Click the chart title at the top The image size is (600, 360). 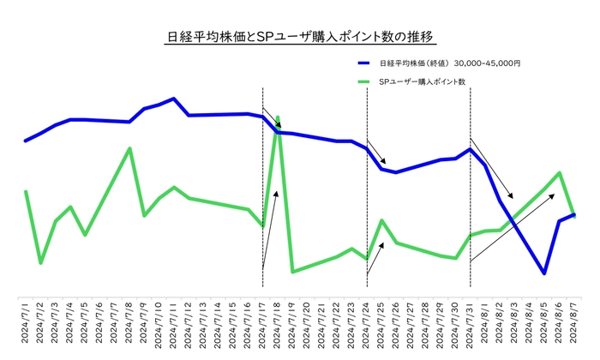(x=300, y=37)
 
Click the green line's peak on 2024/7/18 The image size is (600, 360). (x=278, y=117)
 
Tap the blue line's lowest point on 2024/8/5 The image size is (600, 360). (x=544, y=273)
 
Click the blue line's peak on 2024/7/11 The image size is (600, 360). (x=174, y=99)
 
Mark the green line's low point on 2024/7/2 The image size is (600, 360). (x=40, y=262)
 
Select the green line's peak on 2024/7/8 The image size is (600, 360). (x=129, y=148)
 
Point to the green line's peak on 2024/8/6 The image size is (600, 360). (x=560, y=173)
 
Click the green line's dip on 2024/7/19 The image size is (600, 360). (x=292, y=272)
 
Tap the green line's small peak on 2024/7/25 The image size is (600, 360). (x=381, y=221)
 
